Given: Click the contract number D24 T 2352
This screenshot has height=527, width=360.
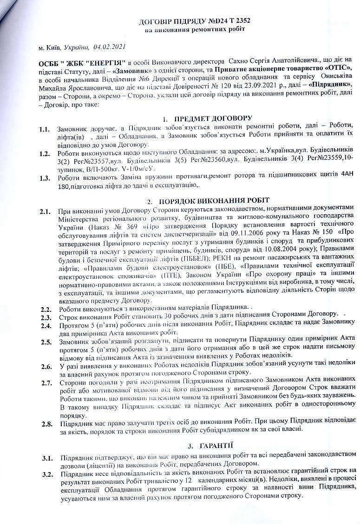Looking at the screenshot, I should pyautogui.click(x=223, y=22).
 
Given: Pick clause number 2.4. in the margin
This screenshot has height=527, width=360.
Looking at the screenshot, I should pyautogui.click(x=45, y=325).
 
